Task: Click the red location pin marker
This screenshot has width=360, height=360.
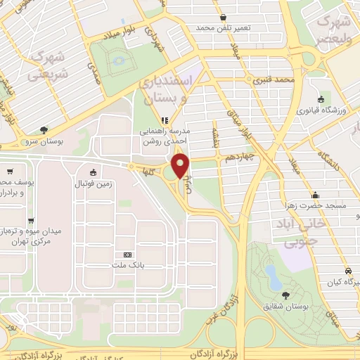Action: pos(181,166)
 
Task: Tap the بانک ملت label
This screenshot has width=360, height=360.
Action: pos(127,265)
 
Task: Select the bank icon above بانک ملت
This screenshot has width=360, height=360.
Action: pos(127,255)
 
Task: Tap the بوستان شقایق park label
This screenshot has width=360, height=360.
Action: pos(286,306)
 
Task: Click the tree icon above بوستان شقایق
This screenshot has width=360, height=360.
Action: pos(286,295)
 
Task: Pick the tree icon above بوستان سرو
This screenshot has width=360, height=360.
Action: pos(44,129)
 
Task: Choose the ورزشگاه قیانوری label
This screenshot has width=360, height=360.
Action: pos(321,110)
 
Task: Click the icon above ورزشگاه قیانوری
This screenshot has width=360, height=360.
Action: pos(321,99)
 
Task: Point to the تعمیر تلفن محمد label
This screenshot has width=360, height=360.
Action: pos(223,27)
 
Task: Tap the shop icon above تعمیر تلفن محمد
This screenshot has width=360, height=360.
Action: pos(223,16)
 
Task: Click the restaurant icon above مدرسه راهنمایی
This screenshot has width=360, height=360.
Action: pos(165,120)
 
